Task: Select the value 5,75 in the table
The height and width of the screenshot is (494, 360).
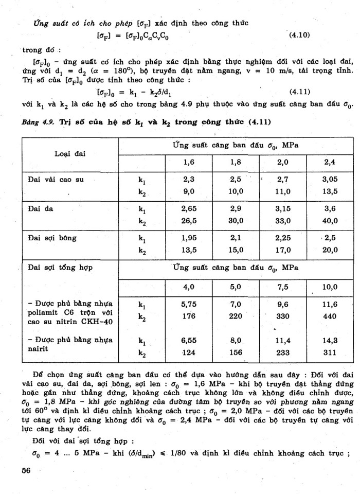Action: point(190,304)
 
